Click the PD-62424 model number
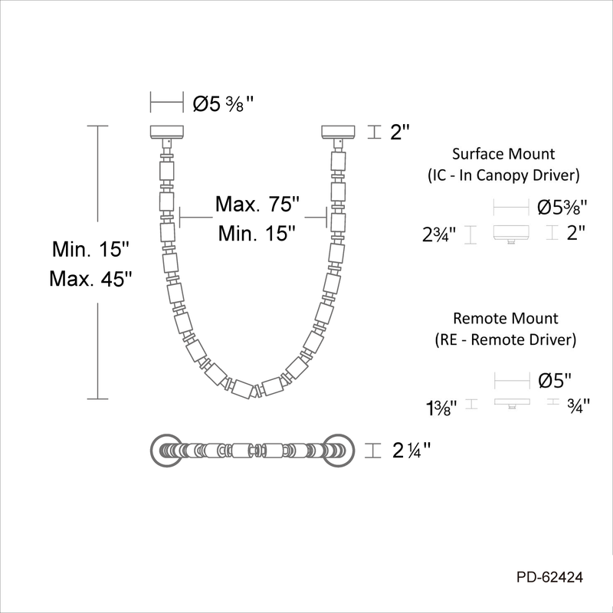pos(549,577)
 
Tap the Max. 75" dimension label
pos(257,204)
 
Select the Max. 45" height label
pos(90,279)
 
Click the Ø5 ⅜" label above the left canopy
pos(223,104)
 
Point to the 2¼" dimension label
pos(411,451)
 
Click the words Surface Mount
pos(503,154)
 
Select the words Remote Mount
pos(506,318)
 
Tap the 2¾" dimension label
pos(439,234)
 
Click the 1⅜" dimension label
pos(441,408)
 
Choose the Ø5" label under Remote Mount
pos(555,380)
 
